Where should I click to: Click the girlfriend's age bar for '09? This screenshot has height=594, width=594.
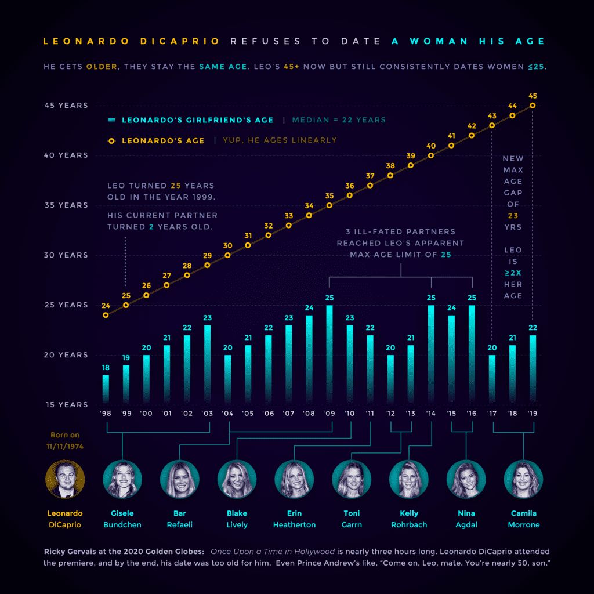click(329, 354)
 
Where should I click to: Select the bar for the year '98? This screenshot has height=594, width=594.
click(106, 389)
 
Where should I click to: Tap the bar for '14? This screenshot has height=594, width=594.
click(431, 354)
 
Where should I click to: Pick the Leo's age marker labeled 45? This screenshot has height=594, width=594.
click(533, 106)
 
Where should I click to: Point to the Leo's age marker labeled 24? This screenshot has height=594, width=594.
click(106, 315)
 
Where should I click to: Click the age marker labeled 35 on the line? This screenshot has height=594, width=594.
click(329, 205)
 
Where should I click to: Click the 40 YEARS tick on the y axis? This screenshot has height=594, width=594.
click(66, 155)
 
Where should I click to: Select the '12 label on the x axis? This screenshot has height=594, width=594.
click(390, 414)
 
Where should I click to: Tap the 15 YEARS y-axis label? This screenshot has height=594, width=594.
click(66, 404)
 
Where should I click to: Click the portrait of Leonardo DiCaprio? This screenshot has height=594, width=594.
click(65, 479)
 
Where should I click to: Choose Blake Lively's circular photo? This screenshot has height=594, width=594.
click(237, 479)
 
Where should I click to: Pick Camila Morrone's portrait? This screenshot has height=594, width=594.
click(524, 479)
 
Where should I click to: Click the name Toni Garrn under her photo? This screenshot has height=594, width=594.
click(352, 519)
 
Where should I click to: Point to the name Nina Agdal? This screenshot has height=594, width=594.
click(466, 519)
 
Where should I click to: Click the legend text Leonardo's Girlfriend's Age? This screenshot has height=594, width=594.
click(198, 120)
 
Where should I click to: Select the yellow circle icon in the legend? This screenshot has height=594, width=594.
click(111, 140)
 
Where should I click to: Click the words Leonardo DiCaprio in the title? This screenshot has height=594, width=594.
click(132, 41)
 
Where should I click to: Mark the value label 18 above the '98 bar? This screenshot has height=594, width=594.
click(106, 368)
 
